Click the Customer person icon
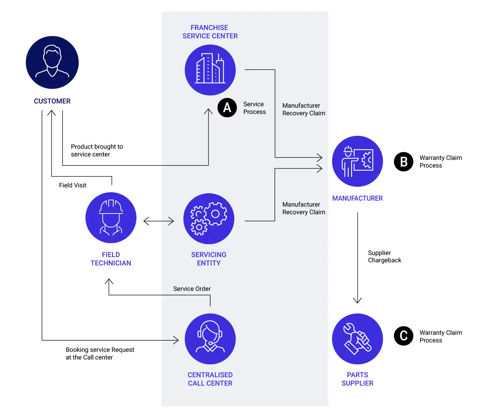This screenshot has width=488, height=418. coord(52,62)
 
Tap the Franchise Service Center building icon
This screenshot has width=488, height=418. coord(210,70)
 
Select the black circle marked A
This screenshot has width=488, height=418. coord(227,108)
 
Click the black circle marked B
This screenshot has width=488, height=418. coord(403,162)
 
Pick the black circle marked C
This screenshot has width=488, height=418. coord(403,336)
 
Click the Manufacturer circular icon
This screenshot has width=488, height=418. coord(357,161)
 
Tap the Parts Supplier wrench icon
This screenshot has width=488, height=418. coord(357,339)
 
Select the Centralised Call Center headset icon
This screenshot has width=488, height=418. coord(210,339)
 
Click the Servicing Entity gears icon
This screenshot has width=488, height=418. coord(209,219)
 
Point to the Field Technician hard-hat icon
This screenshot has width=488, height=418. coord(111,218)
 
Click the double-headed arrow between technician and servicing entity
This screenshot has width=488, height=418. coord(158,221)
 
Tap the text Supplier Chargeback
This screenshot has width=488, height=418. coord(384,256)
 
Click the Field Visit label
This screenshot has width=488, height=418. coord(72,185)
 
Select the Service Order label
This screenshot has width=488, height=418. coord(192,288)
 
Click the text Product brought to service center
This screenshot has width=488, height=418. coord(97,150)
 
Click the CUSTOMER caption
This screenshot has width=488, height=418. coord(52,101)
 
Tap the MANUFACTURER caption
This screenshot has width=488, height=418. coord(357,198)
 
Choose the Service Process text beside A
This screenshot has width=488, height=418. coord(254,108)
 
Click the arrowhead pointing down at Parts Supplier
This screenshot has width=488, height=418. coord(357,300)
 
